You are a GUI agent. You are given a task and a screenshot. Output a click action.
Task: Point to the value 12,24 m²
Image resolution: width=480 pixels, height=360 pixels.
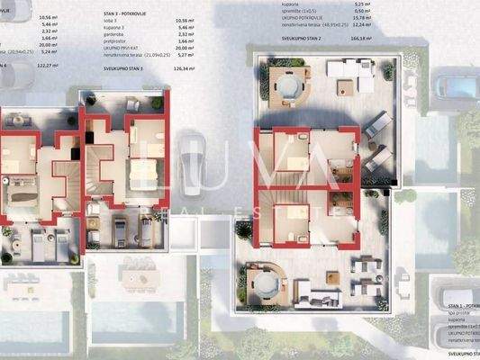369,23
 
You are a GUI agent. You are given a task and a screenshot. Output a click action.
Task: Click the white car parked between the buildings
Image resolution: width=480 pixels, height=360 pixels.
192,168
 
